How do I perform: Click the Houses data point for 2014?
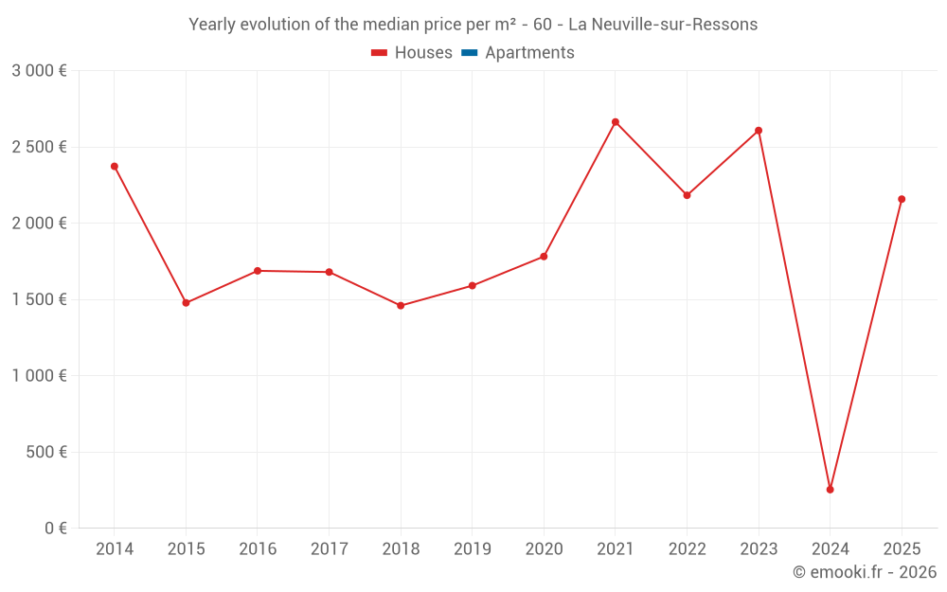click(115, 167)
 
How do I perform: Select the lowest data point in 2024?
click(831, 490)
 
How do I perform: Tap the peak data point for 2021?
click(616, 122)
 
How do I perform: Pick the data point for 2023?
click(759, 131)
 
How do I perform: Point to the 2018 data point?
click(401, 306)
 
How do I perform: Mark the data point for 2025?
click(902, 199)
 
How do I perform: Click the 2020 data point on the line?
click(544, 257)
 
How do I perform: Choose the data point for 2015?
click(186, 303)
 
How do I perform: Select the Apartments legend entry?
click(529, 53)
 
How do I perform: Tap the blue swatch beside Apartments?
click(469, 53)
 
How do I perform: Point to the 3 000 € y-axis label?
click(39, 71)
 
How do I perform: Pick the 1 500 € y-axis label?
click(39, 299)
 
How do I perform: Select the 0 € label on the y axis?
click(55, 529)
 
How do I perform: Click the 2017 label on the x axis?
click(329, 549)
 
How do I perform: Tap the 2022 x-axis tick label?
click(687, 549)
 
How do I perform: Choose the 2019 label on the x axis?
click(472, 549)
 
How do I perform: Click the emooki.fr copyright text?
click(865, 572)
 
